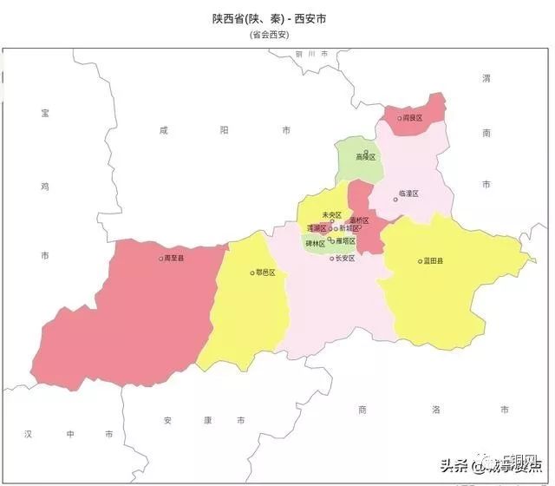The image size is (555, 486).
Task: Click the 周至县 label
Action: (x=174, y=258)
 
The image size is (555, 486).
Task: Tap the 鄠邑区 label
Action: (x=265, y=272)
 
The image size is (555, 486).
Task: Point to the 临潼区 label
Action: (x=408, y=193)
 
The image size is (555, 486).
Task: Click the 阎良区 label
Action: (x=413, y=117)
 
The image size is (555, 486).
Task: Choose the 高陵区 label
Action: (x=366, y=157)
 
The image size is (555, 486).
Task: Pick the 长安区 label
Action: (x=344, y=258)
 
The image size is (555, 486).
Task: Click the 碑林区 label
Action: (x=316, y=244)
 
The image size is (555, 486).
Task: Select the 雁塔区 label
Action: (x=345, y=241)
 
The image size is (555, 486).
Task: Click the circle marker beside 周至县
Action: (x=160, y=258)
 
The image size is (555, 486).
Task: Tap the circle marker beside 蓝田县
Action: (x=420, y=260)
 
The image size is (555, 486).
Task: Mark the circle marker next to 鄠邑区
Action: (x=252, y=272)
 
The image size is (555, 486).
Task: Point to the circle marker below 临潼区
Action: (x=395, y=200)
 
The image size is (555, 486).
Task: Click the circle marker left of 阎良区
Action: (x=400, y=117)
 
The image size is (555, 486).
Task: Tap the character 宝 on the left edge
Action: (x=45, y=113)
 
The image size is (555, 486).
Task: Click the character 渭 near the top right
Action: (x=486, y=78)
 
